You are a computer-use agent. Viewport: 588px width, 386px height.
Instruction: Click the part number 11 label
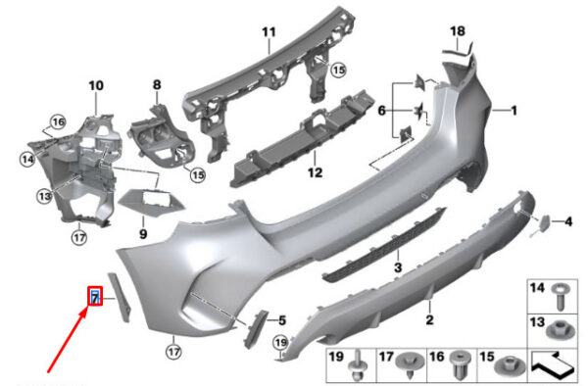pyautogui.click(x=269, y=32)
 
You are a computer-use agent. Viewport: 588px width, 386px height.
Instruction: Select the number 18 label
pyautogui.click(x=458, y=31)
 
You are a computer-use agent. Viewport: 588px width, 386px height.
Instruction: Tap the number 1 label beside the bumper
pyautogui.click(x=514, y=111)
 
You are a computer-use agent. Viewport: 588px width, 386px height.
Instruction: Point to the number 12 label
pyautogui.click(x=315, y=172)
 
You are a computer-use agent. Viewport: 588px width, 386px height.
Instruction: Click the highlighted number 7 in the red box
pyautogui.click(x=95, y=298)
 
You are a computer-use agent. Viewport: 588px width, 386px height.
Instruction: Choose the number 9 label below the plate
pyautogui.click(x=143, y=234)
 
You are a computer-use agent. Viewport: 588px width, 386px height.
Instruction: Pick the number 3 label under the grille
pyautogui.click(x=398, y=267)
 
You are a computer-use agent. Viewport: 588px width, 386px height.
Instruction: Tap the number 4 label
pyautogui.click(x=568, y=221)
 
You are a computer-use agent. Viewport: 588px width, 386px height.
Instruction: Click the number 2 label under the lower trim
pyautogui.click(x=430, y=319)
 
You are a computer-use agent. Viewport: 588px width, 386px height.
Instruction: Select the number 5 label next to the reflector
pyautogui.click(x=282, y=320)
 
